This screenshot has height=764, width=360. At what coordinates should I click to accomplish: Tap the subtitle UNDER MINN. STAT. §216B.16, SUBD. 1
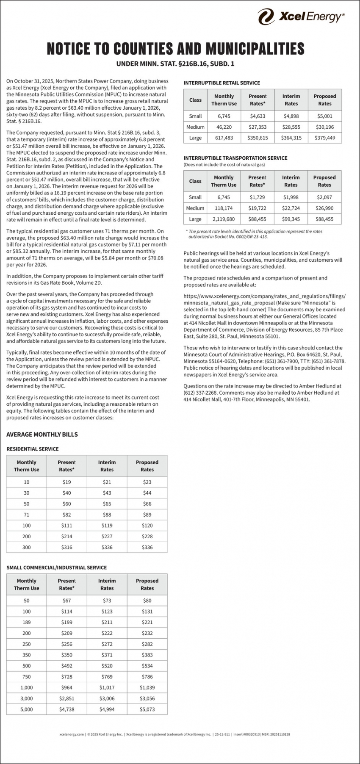(x=175, y=64)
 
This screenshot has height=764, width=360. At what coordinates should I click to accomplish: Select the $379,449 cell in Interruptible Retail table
(x=324, y=138)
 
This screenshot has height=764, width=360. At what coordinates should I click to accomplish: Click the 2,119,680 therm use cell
(x=223, y=219)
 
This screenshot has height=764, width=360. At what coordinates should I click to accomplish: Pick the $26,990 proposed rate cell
(x=324, y=208)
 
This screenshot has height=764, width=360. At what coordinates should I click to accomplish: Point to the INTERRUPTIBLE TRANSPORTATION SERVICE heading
(x=235, y=158)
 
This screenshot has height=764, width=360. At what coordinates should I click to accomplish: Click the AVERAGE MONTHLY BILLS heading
(x=42, y=435)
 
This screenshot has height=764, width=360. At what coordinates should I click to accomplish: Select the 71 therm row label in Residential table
(x=26, y=515)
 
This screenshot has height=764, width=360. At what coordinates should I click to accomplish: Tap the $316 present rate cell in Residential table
(x=66, y=547)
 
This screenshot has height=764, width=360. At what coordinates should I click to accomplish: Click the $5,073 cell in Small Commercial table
(x=147, y=709)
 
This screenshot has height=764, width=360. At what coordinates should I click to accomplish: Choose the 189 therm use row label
(x=26, y=622)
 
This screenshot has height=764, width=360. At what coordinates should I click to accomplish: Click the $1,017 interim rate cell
(x=107, y=687)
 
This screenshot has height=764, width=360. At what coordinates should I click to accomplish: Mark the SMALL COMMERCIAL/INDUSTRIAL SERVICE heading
(x=56, y=567)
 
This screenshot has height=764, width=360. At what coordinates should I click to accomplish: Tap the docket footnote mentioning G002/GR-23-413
(x=228, y=236)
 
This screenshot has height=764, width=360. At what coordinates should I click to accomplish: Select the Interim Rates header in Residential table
(x=107, y=466)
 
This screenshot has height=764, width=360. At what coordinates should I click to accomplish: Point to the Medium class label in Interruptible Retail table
(x=195, y=127)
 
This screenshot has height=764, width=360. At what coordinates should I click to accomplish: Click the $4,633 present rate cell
(x=257, y=116)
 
